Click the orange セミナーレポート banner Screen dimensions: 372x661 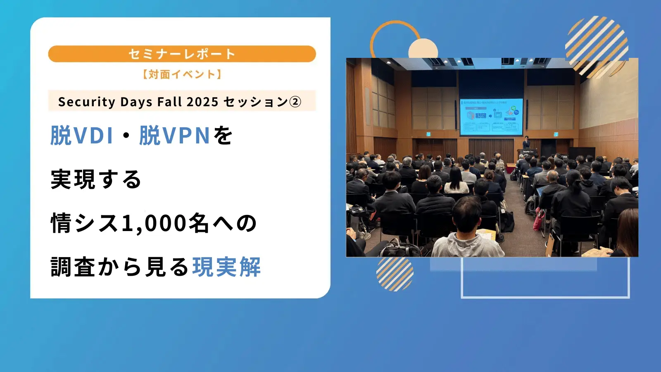point(182,54)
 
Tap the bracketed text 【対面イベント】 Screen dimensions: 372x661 point(182,74)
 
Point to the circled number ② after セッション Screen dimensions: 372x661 point(295,102)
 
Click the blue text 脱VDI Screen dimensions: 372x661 point(82,136)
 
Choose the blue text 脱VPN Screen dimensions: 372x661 point(175,136)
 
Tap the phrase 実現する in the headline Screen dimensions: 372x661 point(96,179)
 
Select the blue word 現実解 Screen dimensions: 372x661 point(226,267)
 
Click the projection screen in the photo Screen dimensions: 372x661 point(491,117)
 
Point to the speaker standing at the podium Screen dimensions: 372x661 point(526,143)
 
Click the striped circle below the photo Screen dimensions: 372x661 point(395,274)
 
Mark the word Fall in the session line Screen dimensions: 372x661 point(169,102)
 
